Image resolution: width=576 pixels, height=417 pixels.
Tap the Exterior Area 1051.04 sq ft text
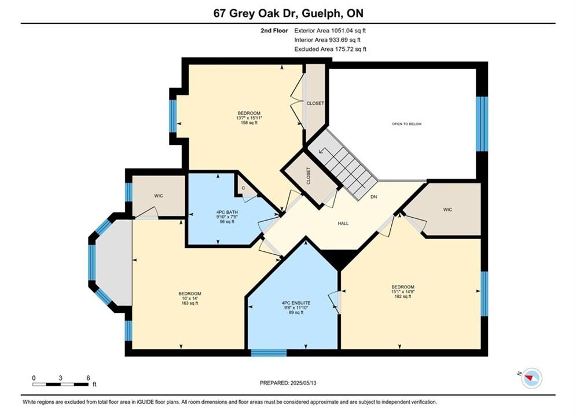(x=330, y=31)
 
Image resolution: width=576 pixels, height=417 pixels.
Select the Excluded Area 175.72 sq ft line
(x=330, y=49)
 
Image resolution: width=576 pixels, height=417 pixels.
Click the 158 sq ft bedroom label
(x=249, y=118)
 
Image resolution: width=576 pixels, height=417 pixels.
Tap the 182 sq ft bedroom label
(x=403, y=291)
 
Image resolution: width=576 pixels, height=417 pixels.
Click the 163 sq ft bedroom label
(x=190, y=298)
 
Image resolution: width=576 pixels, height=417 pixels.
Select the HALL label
(x=343, y=224)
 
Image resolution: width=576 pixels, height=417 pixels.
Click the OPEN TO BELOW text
(x=407, y=124)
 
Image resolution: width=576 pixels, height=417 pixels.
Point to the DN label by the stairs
(x=373, y=197)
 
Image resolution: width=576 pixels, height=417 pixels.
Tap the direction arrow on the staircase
(x=323, y=151)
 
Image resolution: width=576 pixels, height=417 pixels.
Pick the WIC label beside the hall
(x=447, y=210)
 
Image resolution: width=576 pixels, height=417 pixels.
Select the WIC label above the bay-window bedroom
(x=158, y=196)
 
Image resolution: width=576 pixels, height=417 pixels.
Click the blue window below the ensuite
(x=269, y=353)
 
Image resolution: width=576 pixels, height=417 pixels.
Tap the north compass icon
(x=531, y=378)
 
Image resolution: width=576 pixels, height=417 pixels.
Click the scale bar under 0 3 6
(x=60, y=385)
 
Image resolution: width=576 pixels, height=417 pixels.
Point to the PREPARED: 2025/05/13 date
(x=288, y=383)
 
